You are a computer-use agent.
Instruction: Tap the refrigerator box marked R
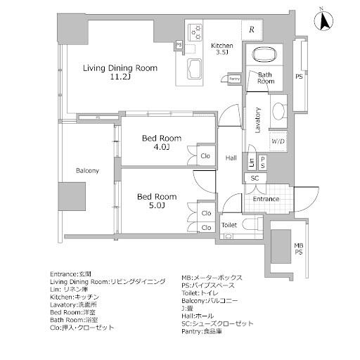coord(252,30)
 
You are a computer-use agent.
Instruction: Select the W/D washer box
coord(278,141)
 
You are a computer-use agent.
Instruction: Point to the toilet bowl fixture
coord(254,225)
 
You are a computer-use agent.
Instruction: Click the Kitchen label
coord(222,46)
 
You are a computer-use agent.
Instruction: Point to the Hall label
coord(231,158)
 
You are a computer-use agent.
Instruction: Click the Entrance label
coord(266,199)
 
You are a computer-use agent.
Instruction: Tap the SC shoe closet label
coord(255,179)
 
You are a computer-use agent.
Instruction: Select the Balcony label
coord(87,171)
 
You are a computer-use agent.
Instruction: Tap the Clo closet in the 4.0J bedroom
coord(205,156)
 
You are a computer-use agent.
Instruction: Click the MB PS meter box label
coord(299,248)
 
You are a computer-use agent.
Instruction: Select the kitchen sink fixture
coord(193,72)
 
